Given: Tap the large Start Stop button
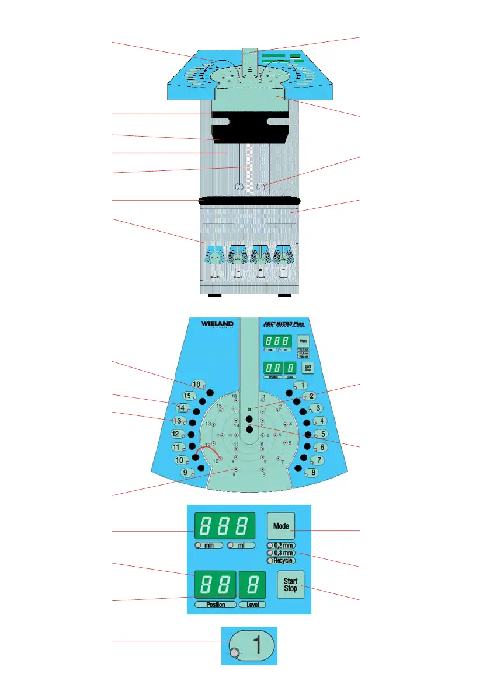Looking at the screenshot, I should [290, 584].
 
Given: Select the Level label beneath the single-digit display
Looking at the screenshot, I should [252, 605].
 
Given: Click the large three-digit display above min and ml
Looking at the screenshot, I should [221, 526].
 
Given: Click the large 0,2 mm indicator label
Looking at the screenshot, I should [280, 545].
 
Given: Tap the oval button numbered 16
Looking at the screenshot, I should [197, 385].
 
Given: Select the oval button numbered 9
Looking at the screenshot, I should [186, 473].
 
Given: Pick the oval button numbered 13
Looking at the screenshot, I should [179, 421].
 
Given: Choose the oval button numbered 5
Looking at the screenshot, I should [320, 434].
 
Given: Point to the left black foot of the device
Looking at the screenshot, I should [214, 295].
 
